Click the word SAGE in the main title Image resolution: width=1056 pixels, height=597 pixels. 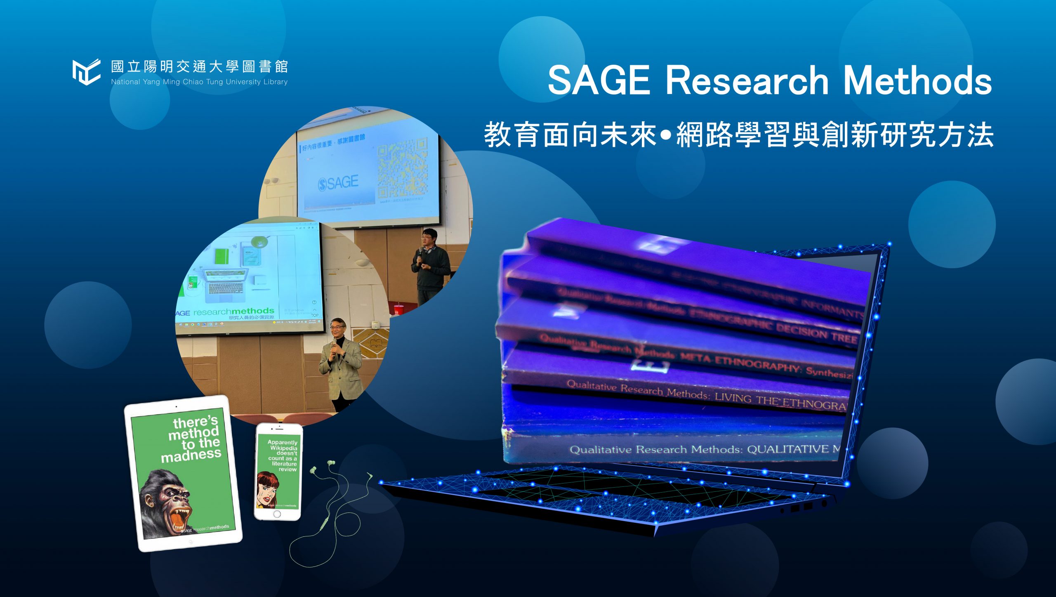click(599, 80)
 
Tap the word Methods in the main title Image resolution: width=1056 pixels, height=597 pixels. click(917, 80)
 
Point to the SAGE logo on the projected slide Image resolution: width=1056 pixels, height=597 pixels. click(338, 183)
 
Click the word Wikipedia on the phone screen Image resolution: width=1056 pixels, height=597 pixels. click(284, 448)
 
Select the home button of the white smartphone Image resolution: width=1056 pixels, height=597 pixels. click(277, 514)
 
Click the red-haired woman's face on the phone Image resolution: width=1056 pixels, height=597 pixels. click(266, 489)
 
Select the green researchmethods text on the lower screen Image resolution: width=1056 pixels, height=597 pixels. click(233, 311)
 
